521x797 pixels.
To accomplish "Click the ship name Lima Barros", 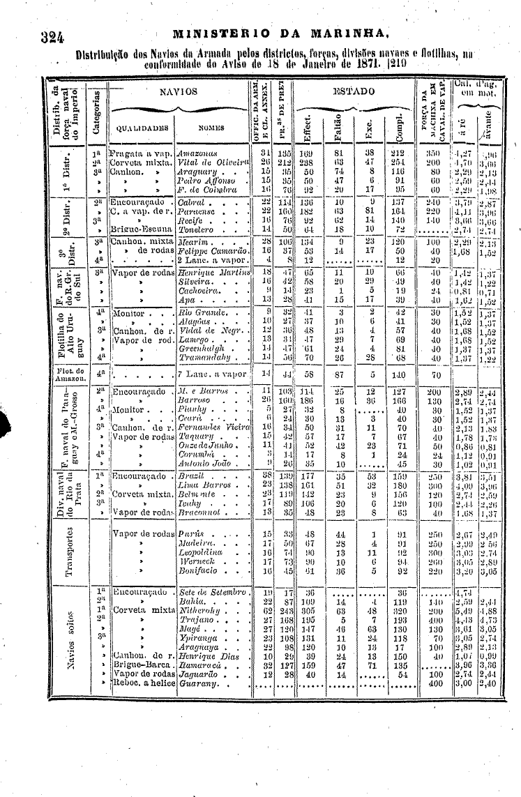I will point(202,484).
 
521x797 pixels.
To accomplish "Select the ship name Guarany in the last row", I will point(197,683).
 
